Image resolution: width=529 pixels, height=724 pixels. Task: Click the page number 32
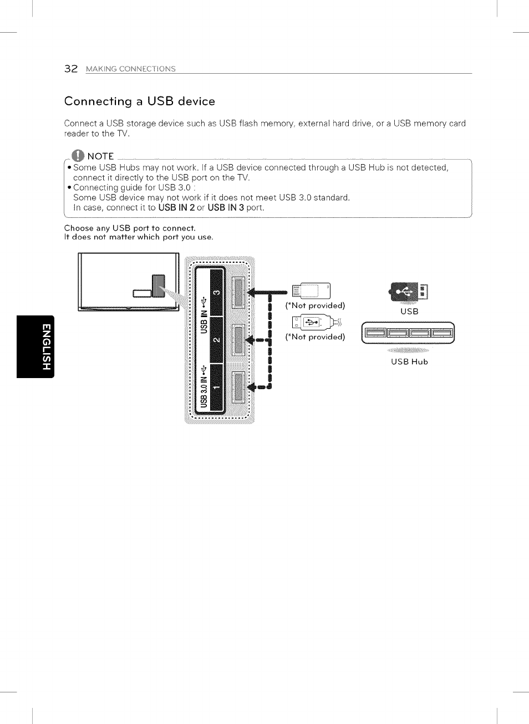pyautogui.click(x=70, y=69)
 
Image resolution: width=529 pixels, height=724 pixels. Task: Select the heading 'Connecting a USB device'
pyautogui.click(x=139, y=101)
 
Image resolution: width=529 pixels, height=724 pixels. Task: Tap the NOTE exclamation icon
pyautogui.click(x=78, y=156)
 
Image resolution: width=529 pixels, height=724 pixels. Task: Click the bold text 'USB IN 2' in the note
pyautogui.click(x=176, y=208)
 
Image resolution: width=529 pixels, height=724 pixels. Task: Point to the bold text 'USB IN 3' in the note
pyautogui.click(x=226, y=208)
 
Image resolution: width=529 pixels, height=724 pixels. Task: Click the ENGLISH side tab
pyautogui.click(x=35, y=346)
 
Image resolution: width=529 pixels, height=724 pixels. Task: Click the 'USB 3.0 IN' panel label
pyautogui.click(x=204, y=387)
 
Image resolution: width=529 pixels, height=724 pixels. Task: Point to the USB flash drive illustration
pyautogui.click(x=311, y=290)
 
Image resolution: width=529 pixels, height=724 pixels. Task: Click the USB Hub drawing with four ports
pyautogui.click(x=408, y=333)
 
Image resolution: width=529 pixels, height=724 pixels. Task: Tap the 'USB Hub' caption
pyautogui.click(x=409, y=362)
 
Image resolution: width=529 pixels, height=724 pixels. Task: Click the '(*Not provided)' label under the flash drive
pyautogui.click(x=315, y=305)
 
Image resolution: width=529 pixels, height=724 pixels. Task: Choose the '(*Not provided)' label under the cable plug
pyautogui.click(x=315, y=337)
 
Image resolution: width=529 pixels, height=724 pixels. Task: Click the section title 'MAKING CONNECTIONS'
pyautogui.click(x=131, y=69)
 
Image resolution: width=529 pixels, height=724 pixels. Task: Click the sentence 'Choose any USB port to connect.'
pyautogui.click(x=130, y=228)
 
